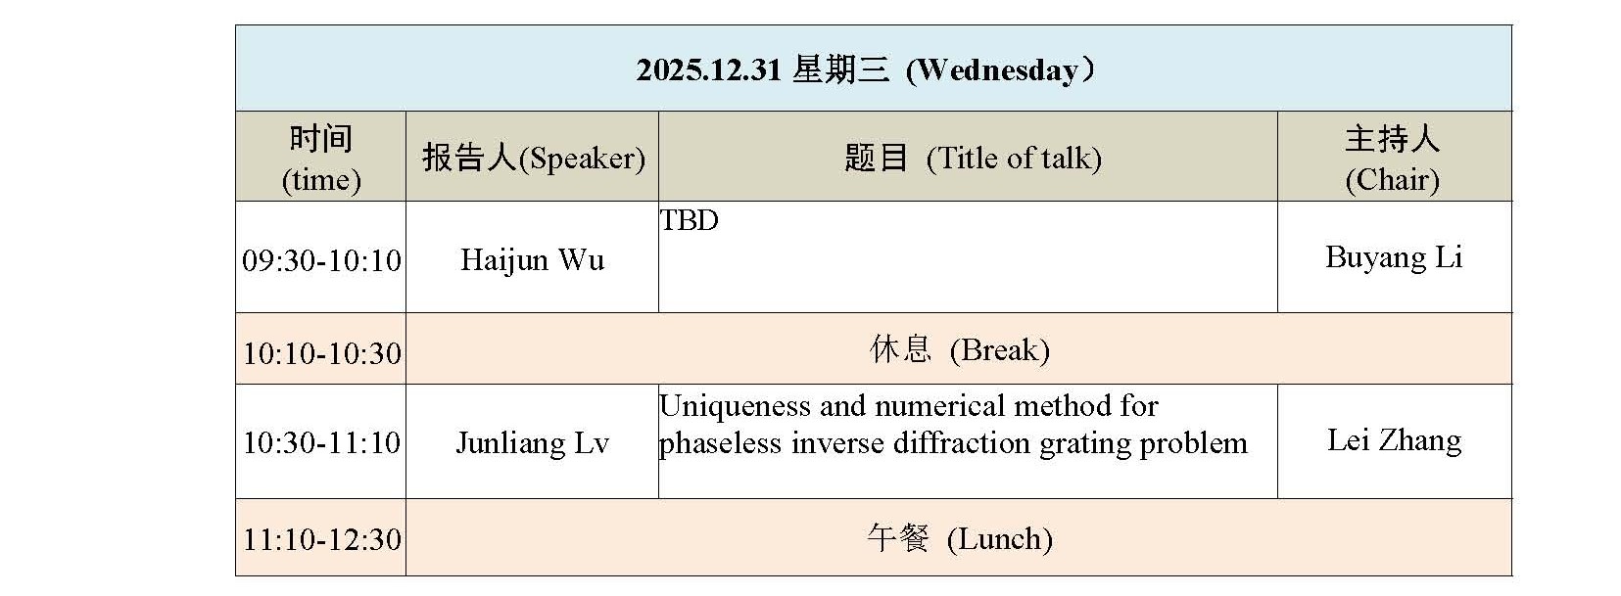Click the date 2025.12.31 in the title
tap(708, 70)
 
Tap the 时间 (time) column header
tap(320, 158)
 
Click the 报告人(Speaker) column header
tap(533, 158)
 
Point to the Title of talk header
tap(1013, 158)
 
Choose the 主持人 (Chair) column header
tap(1392, 158)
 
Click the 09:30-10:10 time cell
tap(321, 260)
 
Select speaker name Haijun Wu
tap(532, 260)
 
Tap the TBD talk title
tap(690, 221)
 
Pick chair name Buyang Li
tap(1393, 257)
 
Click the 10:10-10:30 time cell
tap(321, 352)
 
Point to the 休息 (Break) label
tap(959, 350)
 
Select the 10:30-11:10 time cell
tap(321, 443)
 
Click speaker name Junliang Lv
tap(532, 443)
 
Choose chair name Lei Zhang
tap(1394, 440)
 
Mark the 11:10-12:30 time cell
tap(321, 539)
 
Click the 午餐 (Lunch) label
tap(959, 538)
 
